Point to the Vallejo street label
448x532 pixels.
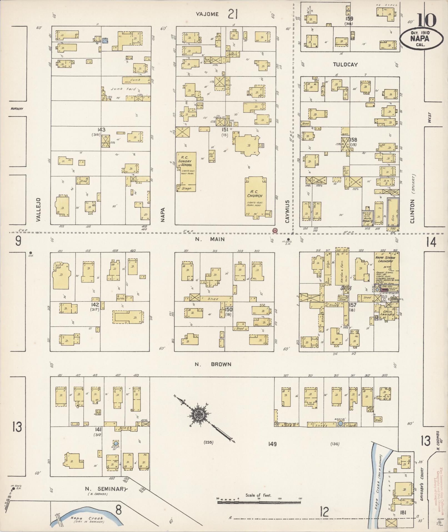[x=39, y=210]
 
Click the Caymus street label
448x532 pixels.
[x=287, y=211]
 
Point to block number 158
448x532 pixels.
[x=353, y=140]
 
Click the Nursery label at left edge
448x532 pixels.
[x=17, y=108]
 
